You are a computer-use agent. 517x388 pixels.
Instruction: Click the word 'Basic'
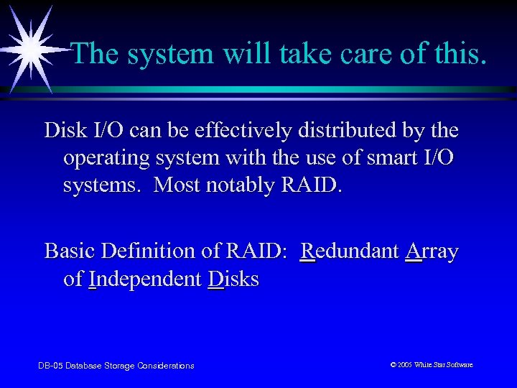[70, 251]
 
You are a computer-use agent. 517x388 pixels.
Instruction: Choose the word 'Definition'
[152, 251]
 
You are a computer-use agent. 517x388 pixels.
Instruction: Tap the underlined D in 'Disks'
[215, 279]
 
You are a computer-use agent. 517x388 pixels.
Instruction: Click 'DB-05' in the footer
[50, 366]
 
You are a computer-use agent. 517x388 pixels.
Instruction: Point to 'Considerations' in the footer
[167, 366]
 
